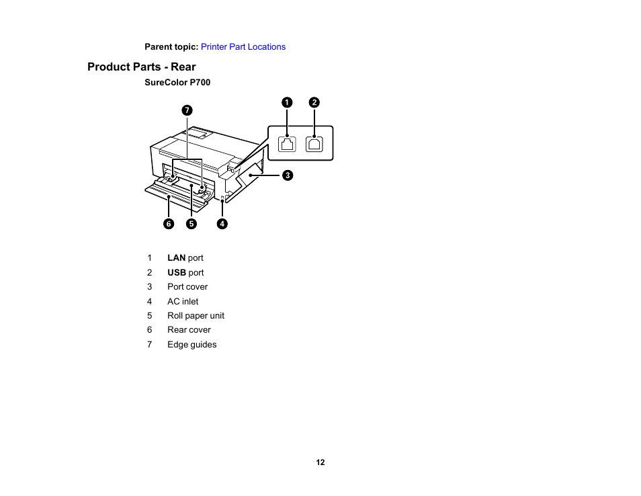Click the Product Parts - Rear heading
pyautogui.click(x=142, y=67)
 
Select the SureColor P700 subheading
pyautogui.click(x=177, y=83)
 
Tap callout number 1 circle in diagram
pyautogui.click(x=287, y=102)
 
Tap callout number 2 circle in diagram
pyautogui.click(x=314, y=102)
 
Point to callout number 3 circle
pyautogui.click(x=286, y=175)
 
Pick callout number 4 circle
pyautogui.click(x=222, y=224)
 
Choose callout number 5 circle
pyautogui.click(x=191, y=224)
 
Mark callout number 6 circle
pyautogui.click(x=169, y=224)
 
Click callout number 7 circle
pyautogui.click(x=187, y=110)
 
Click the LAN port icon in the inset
pyautogui.click(x=288, y=144)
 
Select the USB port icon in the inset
pyautogui.click(x=314, y=144)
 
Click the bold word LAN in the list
pyautogui.click(x=176, y=258)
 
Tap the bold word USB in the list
pyautogui.click(x=176, y=273)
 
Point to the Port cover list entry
pyautogui.click(x=187, y=287)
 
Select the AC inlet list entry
pyautogui.click(x=183, y=302)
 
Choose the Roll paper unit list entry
pyautogui.click(x=196, y=316)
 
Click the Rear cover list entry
pyautogui.click(x=189, y=330)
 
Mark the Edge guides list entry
pyautogui.click(x=191, y=345)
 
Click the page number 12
pyautogui.click(x=320, y=462)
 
